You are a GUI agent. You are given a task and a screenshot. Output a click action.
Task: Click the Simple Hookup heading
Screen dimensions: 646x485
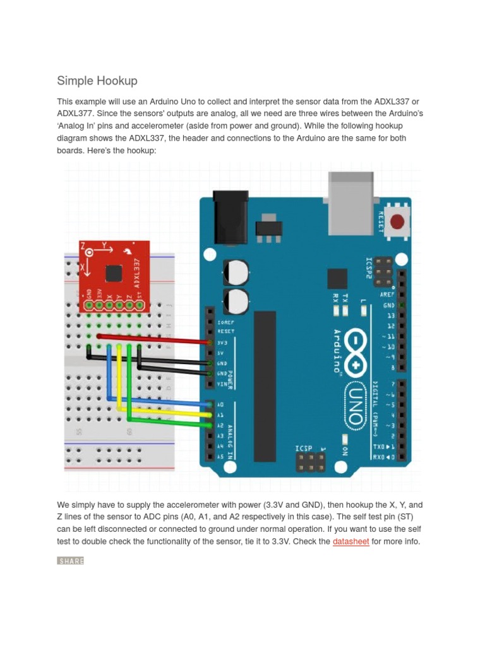point(97,81)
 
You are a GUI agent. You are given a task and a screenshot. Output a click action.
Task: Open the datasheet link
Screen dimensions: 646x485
point(350,541)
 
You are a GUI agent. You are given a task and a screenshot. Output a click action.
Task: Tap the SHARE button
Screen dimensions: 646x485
point(70,561)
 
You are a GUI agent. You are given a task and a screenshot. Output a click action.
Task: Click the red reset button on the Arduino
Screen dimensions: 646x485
point(397,222)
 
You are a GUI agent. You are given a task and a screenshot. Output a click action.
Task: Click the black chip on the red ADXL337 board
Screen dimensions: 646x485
point(113,273)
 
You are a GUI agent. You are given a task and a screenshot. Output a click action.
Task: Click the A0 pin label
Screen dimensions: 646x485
point(220,404)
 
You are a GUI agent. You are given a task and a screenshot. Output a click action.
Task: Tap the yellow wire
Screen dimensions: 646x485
point(164,411)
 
